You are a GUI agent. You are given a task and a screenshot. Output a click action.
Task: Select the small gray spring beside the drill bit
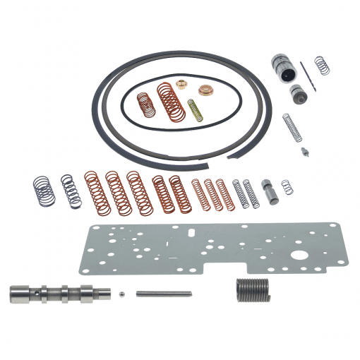coord(322,65)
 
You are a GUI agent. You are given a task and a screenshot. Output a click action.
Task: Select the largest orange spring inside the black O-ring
coord(169,101)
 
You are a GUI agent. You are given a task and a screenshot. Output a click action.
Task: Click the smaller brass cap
coord(181,85)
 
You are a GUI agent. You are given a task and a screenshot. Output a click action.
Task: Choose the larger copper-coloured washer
coord(206,90)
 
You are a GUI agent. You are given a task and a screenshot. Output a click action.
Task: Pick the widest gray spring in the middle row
coord(42,191)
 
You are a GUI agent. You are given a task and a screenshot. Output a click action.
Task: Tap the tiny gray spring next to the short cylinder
coord(286,188)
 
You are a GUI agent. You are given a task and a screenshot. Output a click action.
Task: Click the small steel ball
coord(123,294)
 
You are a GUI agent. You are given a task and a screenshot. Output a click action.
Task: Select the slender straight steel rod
coord(164,294)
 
